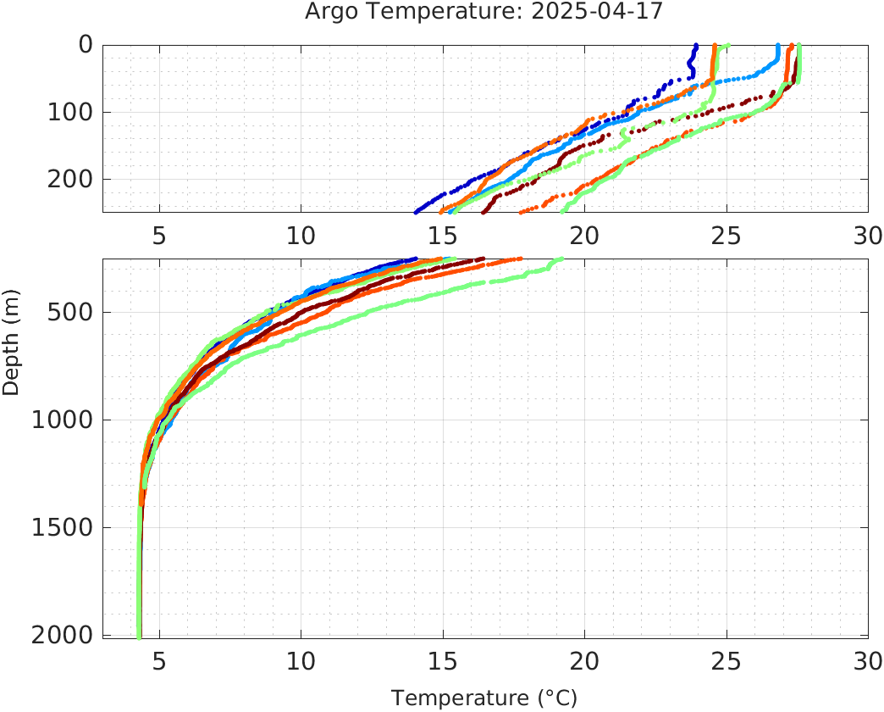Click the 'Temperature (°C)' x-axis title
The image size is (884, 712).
click(x=484, y=698)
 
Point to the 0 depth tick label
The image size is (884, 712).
click(x=86, y=45)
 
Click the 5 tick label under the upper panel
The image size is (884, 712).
click(x=159, y=235)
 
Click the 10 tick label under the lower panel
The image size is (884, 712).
click(x=301, y=660)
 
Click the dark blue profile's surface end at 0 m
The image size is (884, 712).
click(x=696, y=46)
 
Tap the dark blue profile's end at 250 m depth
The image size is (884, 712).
click(x=415, y=212)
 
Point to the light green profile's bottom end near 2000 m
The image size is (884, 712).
click(x=139, y=635)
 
